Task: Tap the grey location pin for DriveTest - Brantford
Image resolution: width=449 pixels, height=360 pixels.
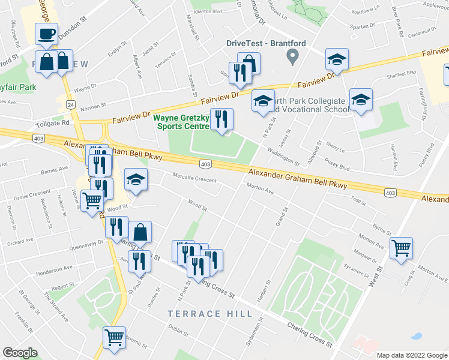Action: tap(293, 58)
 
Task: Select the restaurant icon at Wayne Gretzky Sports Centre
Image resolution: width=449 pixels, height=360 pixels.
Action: tap(222, 119)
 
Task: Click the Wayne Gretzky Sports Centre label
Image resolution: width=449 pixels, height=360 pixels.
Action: tap(182, 122)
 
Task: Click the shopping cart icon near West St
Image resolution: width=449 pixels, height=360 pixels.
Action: tap(401, 247)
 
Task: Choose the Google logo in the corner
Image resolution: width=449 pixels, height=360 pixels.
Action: tap(20, 353)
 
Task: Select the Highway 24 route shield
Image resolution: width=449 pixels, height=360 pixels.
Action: tap(71, 104)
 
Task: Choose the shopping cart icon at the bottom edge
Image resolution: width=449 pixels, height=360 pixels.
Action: tap(114, 337)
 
